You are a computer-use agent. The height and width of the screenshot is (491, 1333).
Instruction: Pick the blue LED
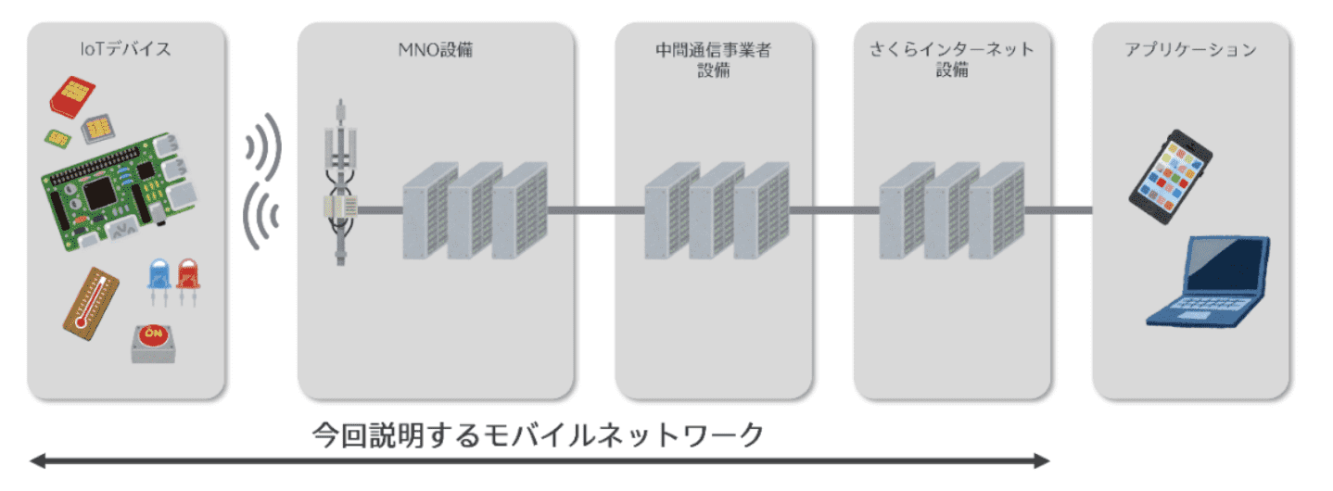159,278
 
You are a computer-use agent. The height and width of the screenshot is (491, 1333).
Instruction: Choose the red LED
188,278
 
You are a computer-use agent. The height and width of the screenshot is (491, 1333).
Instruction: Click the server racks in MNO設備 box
475,211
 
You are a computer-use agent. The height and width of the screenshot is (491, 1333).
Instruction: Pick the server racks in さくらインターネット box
951,211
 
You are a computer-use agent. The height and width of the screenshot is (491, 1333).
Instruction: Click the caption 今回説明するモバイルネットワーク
539,434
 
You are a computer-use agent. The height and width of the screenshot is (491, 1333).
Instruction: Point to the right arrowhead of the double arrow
1042,460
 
